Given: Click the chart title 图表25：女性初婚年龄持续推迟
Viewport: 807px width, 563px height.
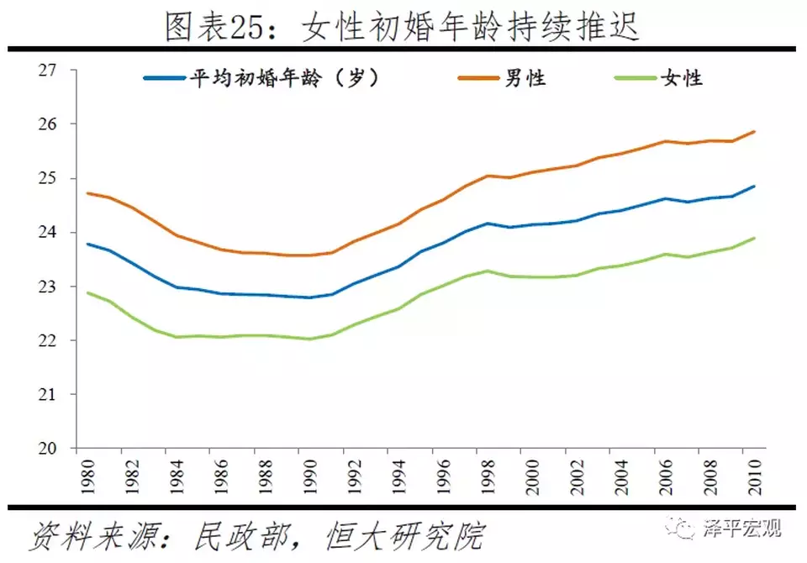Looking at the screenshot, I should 403,27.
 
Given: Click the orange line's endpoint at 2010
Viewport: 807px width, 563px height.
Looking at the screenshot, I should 754,132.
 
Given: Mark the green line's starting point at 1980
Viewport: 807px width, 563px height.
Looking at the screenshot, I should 87,292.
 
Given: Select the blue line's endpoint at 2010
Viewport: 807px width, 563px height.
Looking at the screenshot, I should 754,187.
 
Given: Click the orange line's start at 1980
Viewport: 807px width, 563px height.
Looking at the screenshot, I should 87,193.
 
